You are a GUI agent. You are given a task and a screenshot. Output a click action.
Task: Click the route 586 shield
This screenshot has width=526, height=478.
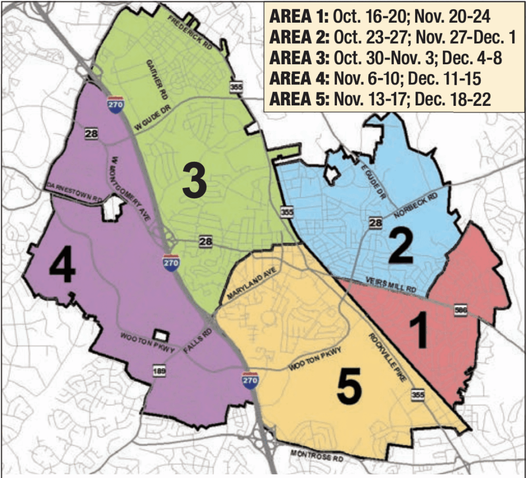(460, 310)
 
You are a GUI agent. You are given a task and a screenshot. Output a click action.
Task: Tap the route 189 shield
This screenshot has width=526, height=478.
(159, 371)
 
